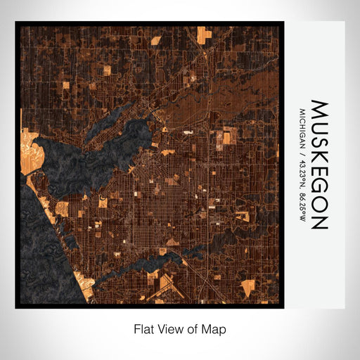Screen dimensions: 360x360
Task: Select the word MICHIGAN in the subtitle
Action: pos(302,129)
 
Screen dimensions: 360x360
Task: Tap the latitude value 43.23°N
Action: pos(302,172)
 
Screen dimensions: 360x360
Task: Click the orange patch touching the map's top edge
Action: pos(203,33)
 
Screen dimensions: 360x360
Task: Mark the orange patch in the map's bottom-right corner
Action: pos(248,287)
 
